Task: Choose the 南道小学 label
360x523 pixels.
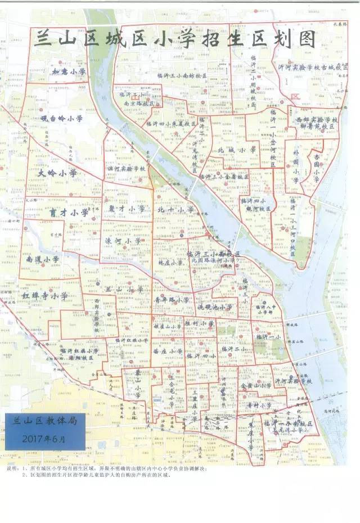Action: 42,259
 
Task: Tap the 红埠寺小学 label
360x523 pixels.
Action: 45,295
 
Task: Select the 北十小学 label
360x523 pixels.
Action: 175,210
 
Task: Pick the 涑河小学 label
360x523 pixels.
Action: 124,241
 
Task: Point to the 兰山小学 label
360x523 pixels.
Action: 124,289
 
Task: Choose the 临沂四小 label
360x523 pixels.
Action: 201,355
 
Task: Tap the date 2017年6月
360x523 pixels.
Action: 44,438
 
